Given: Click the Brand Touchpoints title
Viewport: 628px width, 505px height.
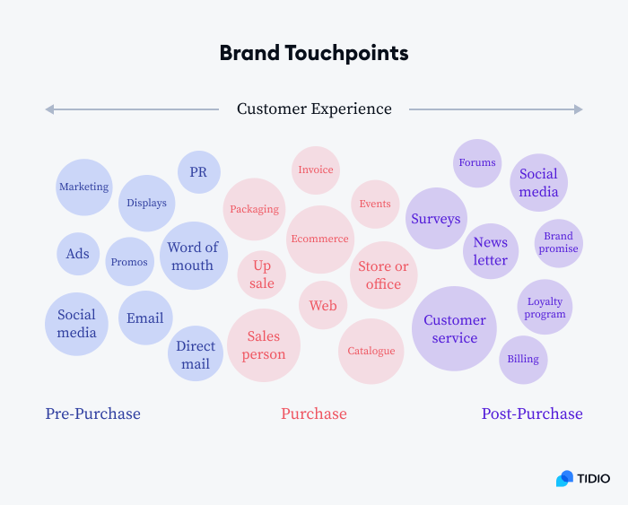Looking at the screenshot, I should tap(314, 53).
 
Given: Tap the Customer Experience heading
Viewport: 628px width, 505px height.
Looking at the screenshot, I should tap(314, 109).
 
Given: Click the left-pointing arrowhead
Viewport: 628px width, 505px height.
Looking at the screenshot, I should tap(50, 109).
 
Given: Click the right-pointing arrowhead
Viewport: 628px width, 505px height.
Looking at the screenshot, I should tap(578, 109).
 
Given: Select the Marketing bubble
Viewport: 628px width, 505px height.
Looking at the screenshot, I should tap(83, 187).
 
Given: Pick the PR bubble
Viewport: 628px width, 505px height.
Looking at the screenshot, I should tap(198, 172).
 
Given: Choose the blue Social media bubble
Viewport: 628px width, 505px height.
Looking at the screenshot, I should tap(76, 324).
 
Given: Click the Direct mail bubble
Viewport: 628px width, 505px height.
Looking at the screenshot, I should tap(196, 354).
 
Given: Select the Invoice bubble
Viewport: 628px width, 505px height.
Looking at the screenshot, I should tap(315, 170).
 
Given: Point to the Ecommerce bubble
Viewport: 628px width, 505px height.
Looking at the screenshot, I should tap(319, 239).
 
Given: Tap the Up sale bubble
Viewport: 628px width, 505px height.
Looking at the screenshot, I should tap(262, 274).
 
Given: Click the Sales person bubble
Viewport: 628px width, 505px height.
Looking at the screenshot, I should tap(264, 345).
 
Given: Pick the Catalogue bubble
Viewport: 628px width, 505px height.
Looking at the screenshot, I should tap(371, 351).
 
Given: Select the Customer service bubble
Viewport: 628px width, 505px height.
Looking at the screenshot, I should tap(455, 328).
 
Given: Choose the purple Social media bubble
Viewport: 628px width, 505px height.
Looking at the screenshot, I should tap(538, 183).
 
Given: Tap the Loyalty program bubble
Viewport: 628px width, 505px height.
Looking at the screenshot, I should tap(545, 308).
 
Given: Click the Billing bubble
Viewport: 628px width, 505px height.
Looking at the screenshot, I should tap(523, 360).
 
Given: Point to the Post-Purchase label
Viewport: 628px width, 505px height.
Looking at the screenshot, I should tap(532, 414).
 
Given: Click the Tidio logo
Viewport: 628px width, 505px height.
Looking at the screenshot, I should tap(582, 478).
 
